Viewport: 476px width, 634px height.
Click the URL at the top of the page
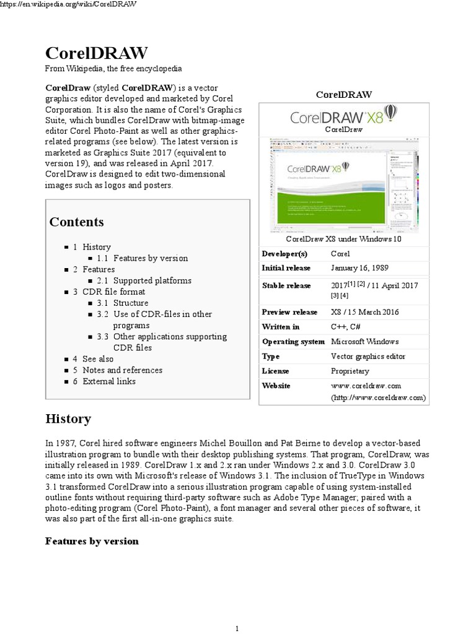pos(68,4)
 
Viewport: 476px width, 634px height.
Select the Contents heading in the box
pos(77,222)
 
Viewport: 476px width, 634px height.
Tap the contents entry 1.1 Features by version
pos(150,258)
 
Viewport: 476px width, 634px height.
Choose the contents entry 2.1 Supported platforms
pos(152,280)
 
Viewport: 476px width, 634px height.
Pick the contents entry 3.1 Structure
pos(130,303)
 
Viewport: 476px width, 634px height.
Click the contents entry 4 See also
pos(98,358)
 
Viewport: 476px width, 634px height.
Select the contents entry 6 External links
pos(109,381)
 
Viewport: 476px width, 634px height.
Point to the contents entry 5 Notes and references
pos(122,370)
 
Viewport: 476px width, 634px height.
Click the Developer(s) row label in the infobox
pos(284,253)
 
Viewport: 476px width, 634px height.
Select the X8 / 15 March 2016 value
pos(365,312)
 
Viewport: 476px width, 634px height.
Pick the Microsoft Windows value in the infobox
pos(364,342)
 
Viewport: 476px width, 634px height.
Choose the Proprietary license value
pos(350,371)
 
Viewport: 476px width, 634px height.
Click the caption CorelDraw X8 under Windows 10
pos(343,238)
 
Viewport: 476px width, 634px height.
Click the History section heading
pos(68,419)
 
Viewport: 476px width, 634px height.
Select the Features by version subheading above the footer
pos(92,541)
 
